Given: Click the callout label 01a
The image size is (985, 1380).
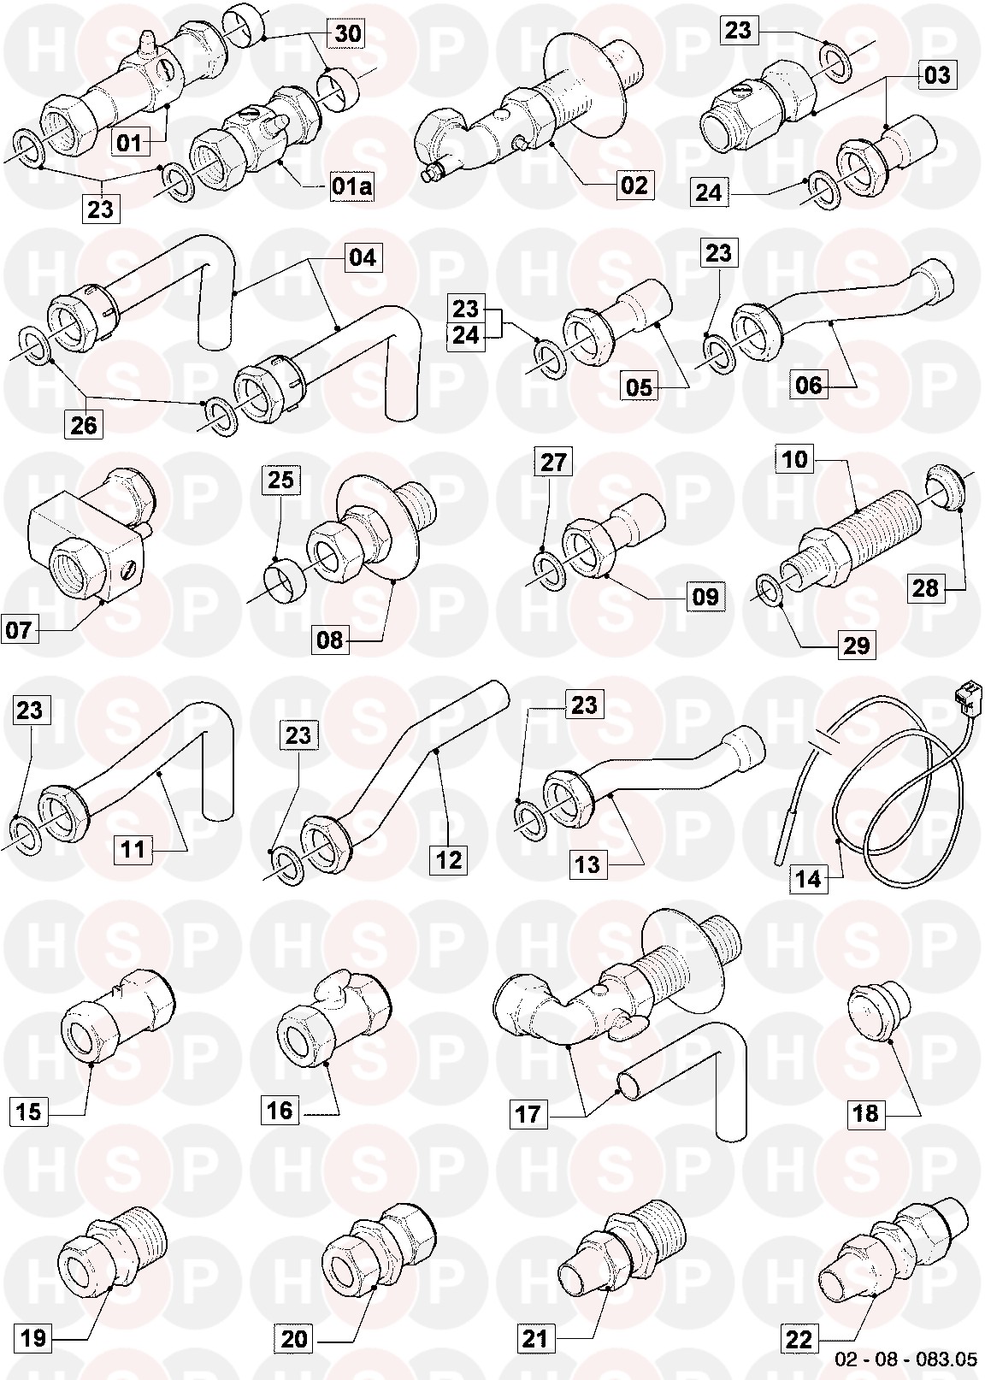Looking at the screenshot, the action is click(x=351, y=186).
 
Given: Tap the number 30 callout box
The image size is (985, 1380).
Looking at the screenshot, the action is click(x=348, y=33).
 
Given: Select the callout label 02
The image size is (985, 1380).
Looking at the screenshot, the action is click(x=634, y=185).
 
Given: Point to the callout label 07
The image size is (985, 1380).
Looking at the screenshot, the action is click(x=19, y=629).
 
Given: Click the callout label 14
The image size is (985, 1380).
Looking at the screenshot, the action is click(x=808, y=878).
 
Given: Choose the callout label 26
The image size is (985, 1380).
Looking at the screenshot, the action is click(x=83, y=424).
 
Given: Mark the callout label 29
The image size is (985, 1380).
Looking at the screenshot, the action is click(x=856, y=646).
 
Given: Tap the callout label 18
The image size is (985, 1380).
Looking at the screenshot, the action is click(x=865, y=1113).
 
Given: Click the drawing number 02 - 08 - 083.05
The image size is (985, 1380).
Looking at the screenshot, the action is click(x=906, y=1359).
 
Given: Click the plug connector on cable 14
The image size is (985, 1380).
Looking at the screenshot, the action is click(x=964, y=693).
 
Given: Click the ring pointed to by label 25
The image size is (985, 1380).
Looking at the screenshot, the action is click(x=286, y=581).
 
